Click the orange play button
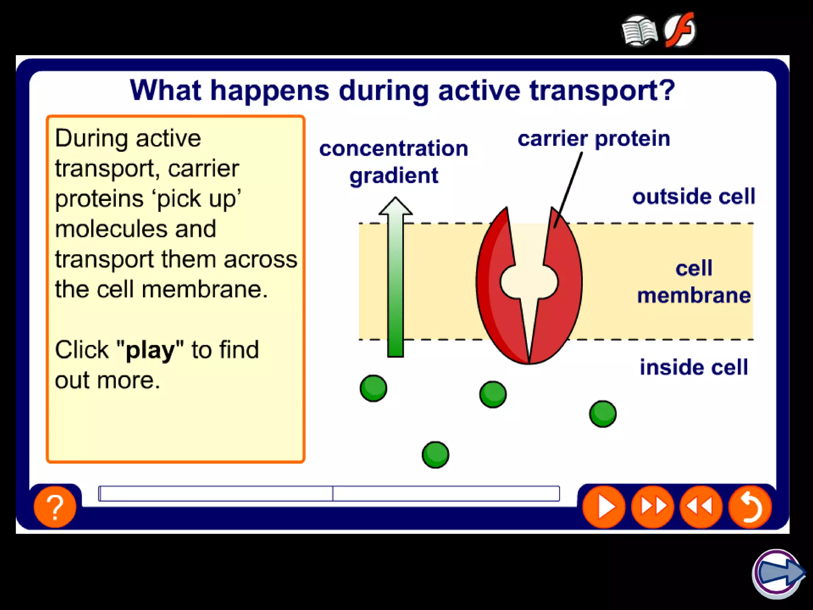coord(603,507)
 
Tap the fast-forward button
coord(653,507)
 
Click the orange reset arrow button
coord(750,507)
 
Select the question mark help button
coord(55,507)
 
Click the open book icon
coord(640,31)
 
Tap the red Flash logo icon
coord(680,30)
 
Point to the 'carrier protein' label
coord(594,139)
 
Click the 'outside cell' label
coord(694,197)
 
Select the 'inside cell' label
coord(694,367)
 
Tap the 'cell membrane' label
coord(694,282)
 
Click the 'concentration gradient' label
coord(394,162)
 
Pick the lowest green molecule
coord(435,455)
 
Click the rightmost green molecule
coord(603,414)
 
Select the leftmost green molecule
coord(373,388)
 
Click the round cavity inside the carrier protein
coord(529,282)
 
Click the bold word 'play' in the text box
coord(150,350)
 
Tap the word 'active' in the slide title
coord(479,91)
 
